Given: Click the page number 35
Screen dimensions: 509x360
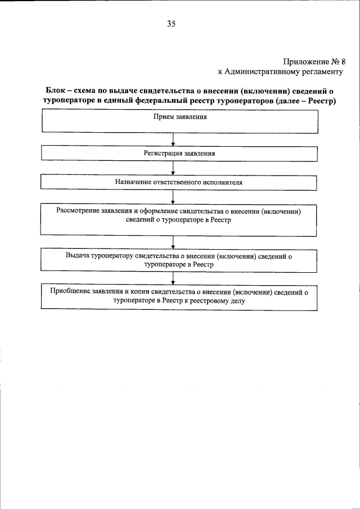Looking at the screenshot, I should [172, 24].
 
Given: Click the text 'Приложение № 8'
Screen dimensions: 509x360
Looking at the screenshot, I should [314, 62].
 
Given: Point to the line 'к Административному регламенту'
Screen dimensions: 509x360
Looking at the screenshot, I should [280, 71].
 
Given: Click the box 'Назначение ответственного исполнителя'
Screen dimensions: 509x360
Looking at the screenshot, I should [179, 183].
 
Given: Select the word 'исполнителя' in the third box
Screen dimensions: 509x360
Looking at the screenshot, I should [226, 183].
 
